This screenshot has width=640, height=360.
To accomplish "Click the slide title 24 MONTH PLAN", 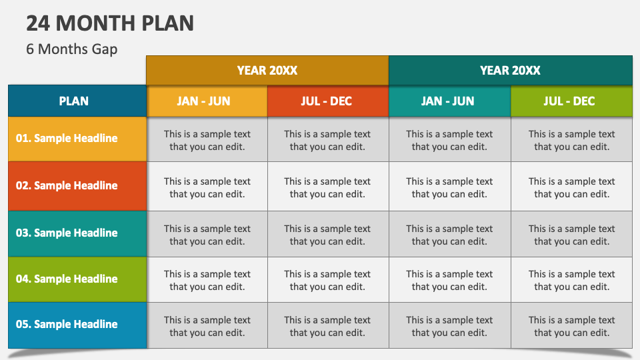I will click(110, 23).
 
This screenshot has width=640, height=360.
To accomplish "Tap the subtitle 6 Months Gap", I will click(72, 49).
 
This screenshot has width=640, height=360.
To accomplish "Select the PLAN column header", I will click(74, 101).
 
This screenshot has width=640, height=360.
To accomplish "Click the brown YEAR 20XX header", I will click(267, 70).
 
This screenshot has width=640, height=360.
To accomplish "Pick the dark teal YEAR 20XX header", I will click(510, 70).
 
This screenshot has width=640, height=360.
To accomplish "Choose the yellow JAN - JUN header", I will click(207, 101).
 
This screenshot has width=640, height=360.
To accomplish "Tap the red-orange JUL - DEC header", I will click(327, 101).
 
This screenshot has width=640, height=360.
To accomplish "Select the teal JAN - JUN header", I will click(449, 101).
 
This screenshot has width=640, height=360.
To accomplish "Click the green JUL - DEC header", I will click(571, 101).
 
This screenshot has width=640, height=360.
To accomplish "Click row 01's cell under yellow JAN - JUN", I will click(207, 140).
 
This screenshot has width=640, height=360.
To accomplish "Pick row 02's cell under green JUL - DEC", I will click(571, 187).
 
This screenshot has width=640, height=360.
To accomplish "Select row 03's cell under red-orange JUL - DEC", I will click(327, 235).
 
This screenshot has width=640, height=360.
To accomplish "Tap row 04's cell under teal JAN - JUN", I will click(449, 280).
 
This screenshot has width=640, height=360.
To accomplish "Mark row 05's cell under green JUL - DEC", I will click(571, 326).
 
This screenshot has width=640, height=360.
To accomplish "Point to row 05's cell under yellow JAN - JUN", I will click(207, 326).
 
